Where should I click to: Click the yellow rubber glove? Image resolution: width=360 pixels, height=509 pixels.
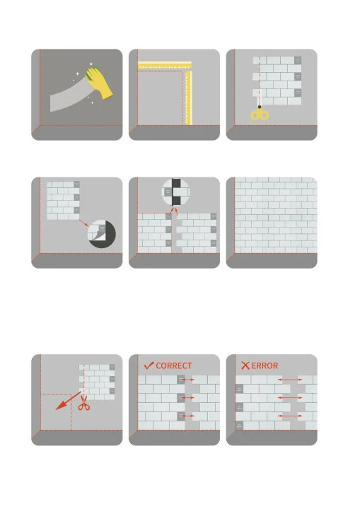(x=99, y=83)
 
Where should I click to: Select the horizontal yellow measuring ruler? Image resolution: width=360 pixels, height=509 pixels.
(x=165, y=65)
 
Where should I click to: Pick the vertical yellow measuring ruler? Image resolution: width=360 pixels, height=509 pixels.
(x=188, y=98)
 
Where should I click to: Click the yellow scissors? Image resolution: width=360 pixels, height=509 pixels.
(x=260, y=114)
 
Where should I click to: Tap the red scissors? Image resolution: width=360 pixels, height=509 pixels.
(x=84, y=402)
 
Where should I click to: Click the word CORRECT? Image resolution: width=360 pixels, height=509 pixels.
(x=174, y=366)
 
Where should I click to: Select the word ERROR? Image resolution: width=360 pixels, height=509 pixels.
(x=265, y=366)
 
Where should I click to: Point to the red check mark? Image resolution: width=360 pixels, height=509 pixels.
(x=149, y=365)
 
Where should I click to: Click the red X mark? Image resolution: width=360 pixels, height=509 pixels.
(x=245, y=365)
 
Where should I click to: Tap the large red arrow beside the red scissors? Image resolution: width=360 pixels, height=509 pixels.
(x=68, y=401)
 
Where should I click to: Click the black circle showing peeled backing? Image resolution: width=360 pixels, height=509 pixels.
(x=102, y=234)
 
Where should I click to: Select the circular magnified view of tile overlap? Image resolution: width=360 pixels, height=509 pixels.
(x=176, y=192)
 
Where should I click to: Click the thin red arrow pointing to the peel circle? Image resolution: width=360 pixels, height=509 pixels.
(x=83, y=223)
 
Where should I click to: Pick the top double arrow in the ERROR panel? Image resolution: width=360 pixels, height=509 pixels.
(x=290, y=379)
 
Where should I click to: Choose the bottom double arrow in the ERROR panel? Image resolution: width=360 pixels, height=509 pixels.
(x=290, y=416)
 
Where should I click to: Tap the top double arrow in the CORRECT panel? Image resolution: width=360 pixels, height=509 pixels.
(x=187, y=379)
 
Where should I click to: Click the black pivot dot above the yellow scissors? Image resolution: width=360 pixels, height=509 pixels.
(x=260, y=107)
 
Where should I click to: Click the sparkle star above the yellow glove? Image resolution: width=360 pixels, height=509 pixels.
(x=91, y=64)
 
